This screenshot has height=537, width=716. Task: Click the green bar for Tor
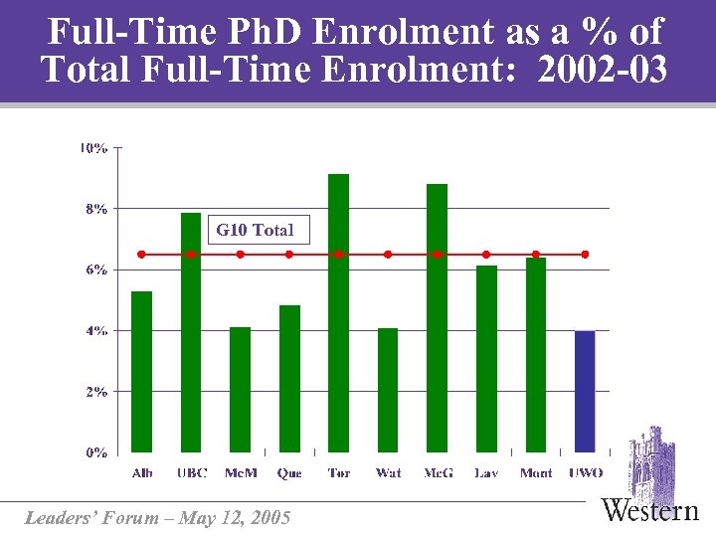338,313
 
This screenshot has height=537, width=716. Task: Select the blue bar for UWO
585,391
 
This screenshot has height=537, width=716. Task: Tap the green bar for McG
437,318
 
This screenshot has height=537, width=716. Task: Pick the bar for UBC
191,332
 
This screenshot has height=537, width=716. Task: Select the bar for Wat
388,390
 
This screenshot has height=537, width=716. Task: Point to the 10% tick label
93,148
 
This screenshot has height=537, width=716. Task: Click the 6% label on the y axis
94,269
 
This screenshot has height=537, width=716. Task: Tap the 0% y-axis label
94,452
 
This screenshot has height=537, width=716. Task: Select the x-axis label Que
289,473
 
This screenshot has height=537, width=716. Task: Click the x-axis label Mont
536,473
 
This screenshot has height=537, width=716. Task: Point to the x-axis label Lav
486,473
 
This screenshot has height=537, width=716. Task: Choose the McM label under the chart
241,473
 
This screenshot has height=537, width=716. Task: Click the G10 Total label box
256,230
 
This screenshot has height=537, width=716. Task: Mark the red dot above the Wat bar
388,255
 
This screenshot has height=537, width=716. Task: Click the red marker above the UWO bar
585,255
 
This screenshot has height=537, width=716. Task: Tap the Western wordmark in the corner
650,511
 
